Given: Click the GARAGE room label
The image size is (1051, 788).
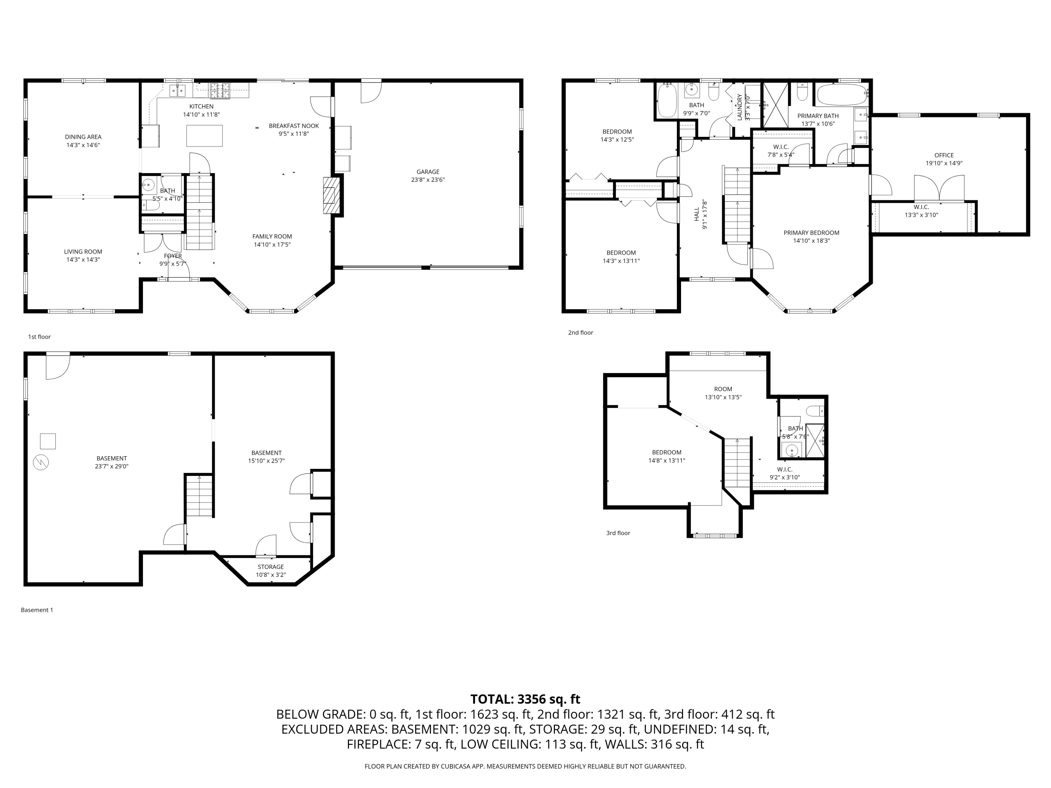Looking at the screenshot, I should coord(428,172).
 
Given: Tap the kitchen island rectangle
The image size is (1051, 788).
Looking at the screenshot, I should coord(204,136).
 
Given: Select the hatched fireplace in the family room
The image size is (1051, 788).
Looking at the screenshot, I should coord(332,195).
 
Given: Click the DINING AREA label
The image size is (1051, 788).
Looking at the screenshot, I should coord(83,137).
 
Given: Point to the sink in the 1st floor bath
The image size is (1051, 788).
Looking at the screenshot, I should coord(149,184).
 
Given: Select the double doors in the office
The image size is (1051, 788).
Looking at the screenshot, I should coord(939,188).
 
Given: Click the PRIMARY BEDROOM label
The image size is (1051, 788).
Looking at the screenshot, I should coord(811,233).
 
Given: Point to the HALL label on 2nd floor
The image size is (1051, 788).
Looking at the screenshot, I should coord(696,214).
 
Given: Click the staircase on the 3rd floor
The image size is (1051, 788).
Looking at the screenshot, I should coord(737,463).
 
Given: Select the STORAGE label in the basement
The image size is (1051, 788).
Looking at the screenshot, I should coord(271,567).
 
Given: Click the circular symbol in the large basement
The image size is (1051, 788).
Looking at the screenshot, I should coord(41,462).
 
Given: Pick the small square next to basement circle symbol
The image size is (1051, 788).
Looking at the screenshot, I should coord(48,441).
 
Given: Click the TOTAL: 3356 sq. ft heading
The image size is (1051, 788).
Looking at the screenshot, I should coord(525,699).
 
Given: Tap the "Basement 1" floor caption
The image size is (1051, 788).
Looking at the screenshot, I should coord(37,610).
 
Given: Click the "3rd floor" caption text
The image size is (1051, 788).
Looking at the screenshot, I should coord(618,533).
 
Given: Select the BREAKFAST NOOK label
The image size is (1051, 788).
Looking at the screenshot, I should coord(294,126).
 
